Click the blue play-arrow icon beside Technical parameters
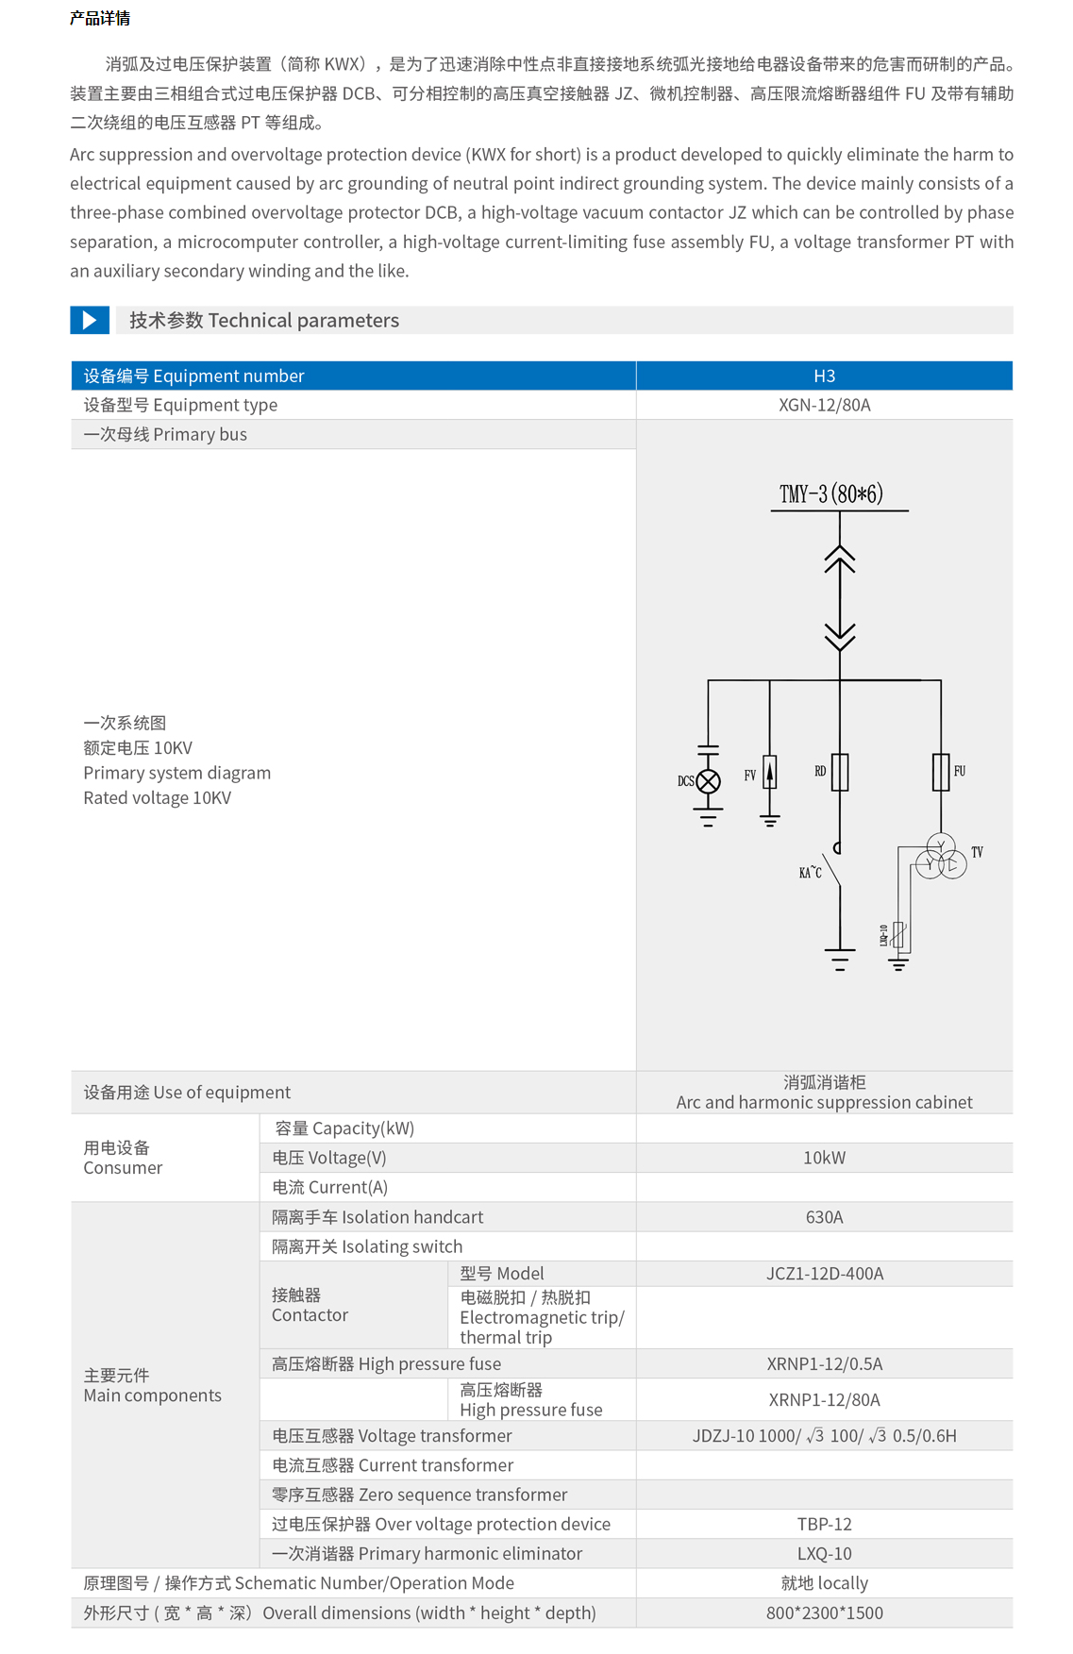pyautogui.click(x=90, y=320)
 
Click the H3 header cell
pyautogui.click(x=824, y=376)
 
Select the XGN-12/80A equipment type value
pyautogui.click(x=824, y=405)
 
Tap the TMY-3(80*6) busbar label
pyautogui.click(x=830, y=494)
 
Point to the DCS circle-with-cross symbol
pyautogui.click(x=708, y=781)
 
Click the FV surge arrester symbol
pyautogui.click(x=770, y=773)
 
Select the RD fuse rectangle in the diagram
pyautogui.click(x=839, y=772)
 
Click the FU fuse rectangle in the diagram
pyautogui.click(x=941, y=772)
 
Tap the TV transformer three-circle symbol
pyautogui.click(x=941, y=857)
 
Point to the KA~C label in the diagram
pyautogui.click(x=810, y=873)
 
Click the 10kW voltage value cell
pyautogui.click(x=824, y=1158)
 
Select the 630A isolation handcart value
pyautogui.click(x=824, y=1217)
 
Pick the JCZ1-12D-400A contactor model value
pyautogui.click(x=824, y=1274)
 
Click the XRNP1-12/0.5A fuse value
pyautogui.click(x=824, y=1363)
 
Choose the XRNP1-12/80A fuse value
pyautogui.click(x=824, y=1399)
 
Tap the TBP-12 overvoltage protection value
pyautogui.click(x=824, y=1524)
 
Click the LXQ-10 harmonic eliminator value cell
pyautogui.click(x=824, y=1553)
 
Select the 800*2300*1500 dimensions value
pyautogui.click(x=824, y=1612)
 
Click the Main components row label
pyautogui.click(x=152, y=1385)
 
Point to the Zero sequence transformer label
pyautogui.click(x=419, y=1495)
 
